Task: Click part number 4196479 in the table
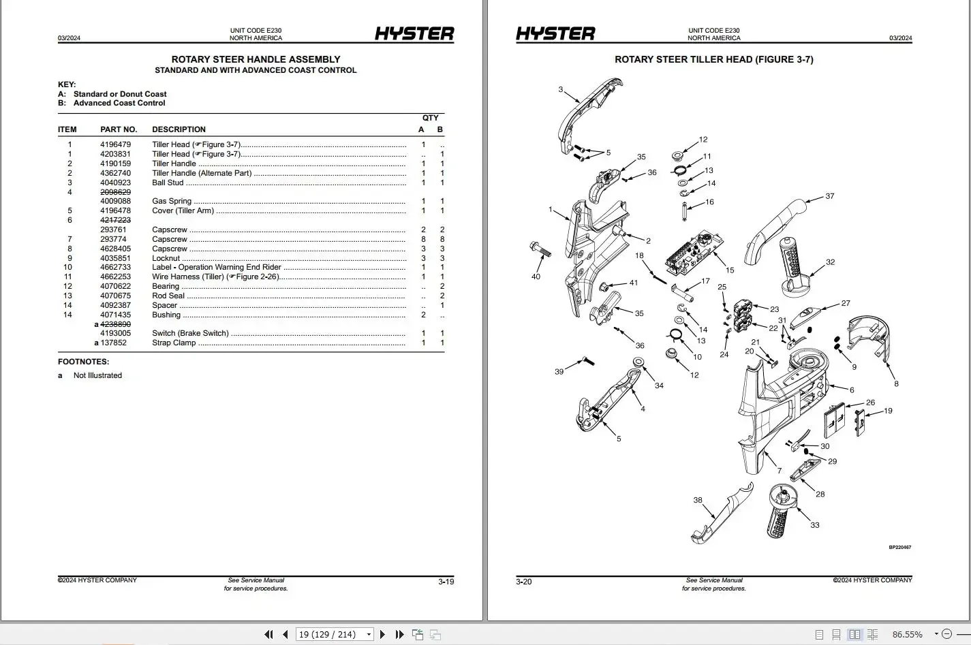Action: (115, 144)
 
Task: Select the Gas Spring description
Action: (172, 201)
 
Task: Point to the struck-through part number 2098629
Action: (115, 192)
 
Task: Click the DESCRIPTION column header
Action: (179, 129)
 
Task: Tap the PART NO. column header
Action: (119, 129)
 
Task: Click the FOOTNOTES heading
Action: (83, 362)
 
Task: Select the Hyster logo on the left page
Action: (414, 33)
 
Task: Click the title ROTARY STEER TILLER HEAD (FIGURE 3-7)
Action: (713, 59)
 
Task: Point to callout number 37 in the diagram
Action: (829, 196)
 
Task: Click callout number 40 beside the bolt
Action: (536, 277)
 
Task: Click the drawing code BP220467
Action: (899, 547)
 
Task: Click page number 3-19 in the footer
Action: (446, 582)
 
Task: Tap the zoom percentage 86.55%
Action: (907, 634)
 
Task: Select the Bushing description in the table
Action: (166, 315)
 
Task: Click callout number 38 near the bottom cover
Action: (698, 500)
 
